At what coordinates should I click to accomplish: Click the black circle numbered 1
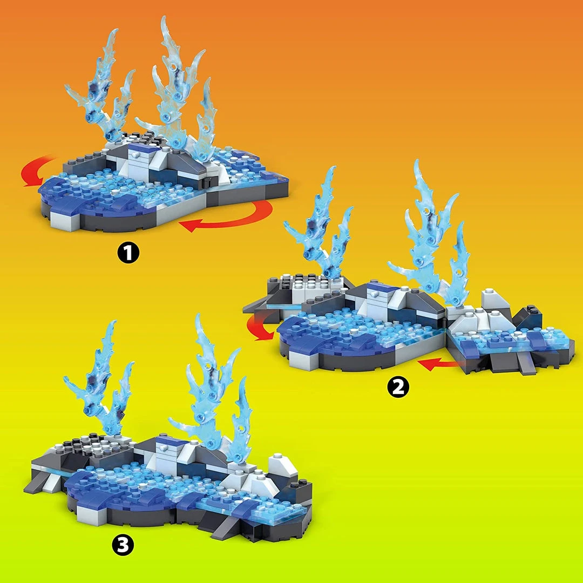pyautogui.click(x=128, y=253)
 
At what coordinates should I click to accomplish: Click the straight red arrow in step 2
pyautogui.click(x=439, y=364)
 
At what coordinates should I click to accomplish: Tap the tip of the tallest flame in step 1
pyautogui.click(x=162, y=17)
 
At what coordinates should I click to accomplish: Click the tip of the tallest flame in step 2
pyautogui.click(x=416, y=161)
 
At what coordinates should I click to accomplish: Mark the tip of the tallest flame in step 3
pyautogui.click(x=197, y=315)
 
